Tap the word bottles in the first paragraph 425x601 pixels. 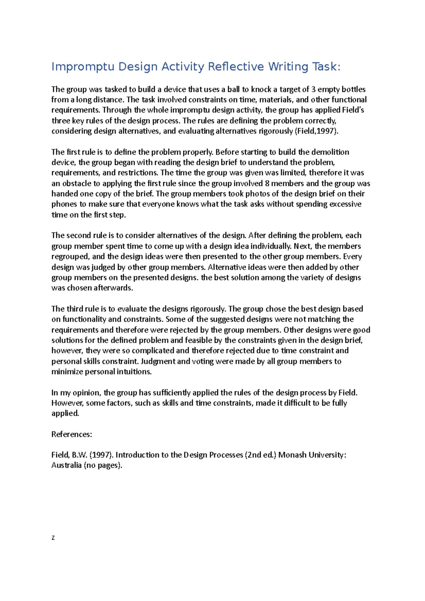pyautogui.click(x=353, y=89)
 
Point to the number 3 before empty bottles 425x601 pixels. pyautogui.click(x=313, y=89)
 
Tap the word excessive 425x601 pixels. pyautogui.click(x=345, y=204)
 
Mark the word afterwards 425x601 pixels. pyautogui.click(x=113, y=288)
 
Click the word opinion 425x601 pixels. pyautogui.click(x=87, y=393)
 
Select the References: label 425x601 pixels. pyautogui.click(x=72, y=434)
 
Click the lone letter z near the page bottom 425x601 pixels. pyautogui.click(x=53, y=538)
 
